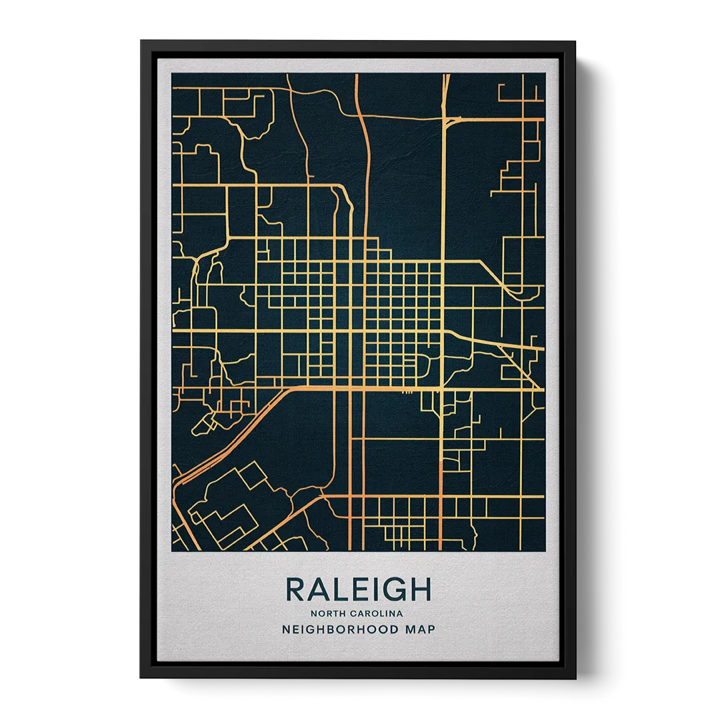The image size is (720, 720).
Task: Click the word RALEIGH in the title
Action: tap(359, 589)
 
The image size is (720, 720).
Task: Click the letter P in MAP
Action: tap(431, 629)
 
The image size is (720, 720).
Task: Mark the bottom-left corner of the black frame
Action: tap(141, 679)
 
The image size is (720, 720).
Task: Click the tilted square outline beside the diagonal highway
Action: tap(252, 475)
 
